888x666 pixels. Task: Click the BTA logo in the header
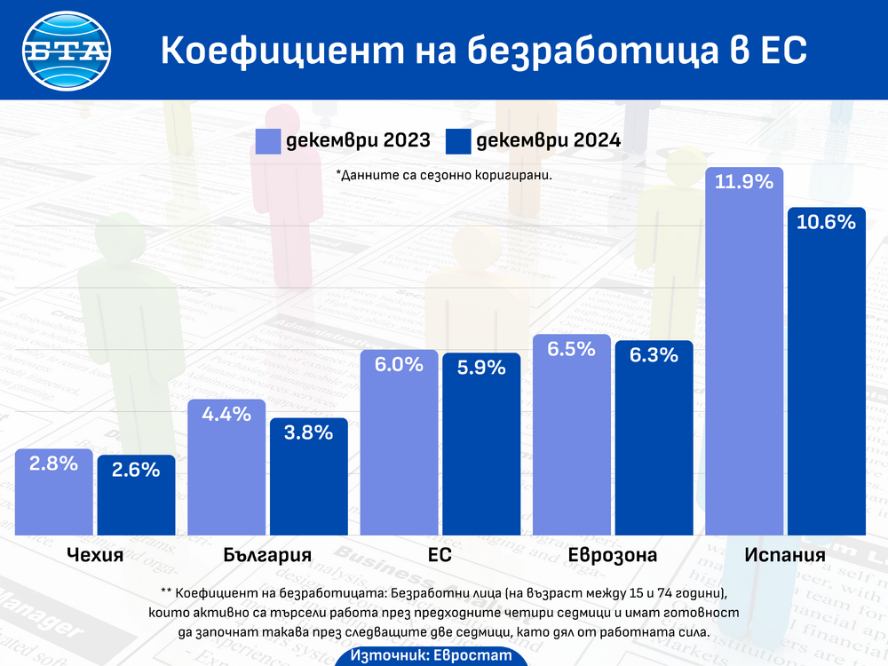click(x=67, y=50)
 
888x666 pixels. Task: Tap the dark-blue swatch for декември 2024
click(x=458, y=140)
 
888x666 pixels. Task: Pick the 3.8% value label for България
click(x=309, y=432)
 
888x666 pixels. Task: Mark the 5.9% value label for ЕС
click(x=481, y=366)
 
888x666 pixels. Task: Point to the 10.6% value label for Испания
click(x=826, y=222)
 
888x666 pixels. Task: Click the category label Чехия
click(x=95, y=556)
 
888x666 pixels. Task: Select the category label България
click(x=267, y=556)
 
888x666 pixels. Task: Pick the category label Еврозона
click(x=613, y=556)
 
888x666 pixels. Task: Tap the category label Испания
click(x=785, y=556)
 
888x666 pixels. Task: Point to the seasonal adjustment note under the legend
click(x=444, y=175)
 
